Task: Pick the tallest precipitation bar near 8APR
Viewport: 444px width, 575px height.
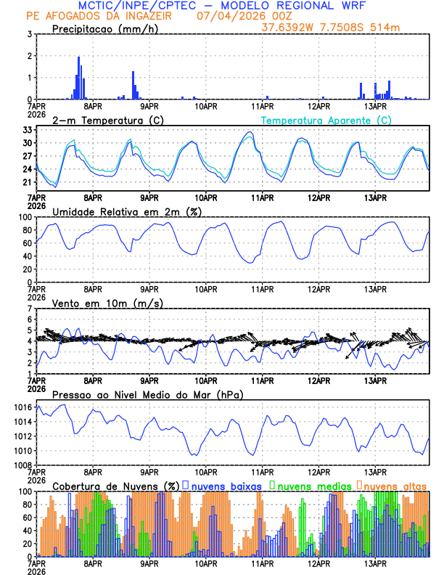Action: (78, 78)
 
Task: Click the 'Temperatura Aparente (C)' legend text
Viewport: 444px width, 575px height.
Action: (326, 119)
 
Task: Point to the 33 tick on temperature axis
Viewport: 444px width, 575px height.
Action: (28, 129)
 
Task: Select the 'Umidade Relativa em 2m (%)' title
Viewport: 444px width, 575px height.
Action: (120, 211)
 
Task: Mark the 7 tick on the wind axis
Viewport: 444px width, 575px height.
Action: (30, 309)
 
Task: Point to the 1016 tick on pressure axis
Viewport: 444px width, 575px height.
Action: (22, 408)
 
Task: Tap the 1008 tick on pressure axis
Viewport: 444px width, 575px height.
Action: (22, 465)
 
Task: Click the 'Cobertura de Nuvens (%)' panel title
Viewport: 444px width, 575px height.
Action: (115, 485)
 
